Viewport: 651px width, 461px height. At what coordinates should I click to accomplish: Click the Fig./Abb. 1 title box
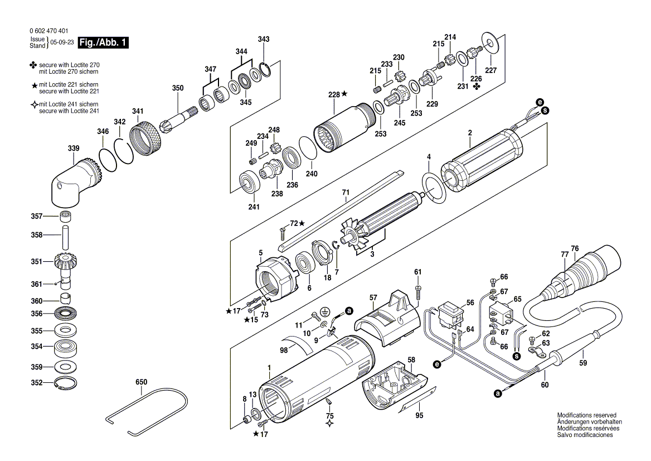click(x=103, y=43)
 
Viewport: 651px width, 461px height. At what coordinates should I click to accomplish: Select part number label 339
click(x=74, y=148)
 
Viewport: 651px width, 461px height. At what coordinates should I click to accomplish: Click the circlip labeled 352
click(x=66, y=383)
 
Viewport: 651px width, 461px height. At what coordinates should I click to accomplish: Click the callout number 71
click(x=346, y=192)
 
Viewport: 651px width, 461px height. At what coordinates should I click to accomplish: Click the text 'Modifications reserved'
click(x=586, y=415)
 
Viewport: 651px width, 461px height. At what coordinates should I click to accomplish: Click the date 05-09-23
click(x=61, y=43)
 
